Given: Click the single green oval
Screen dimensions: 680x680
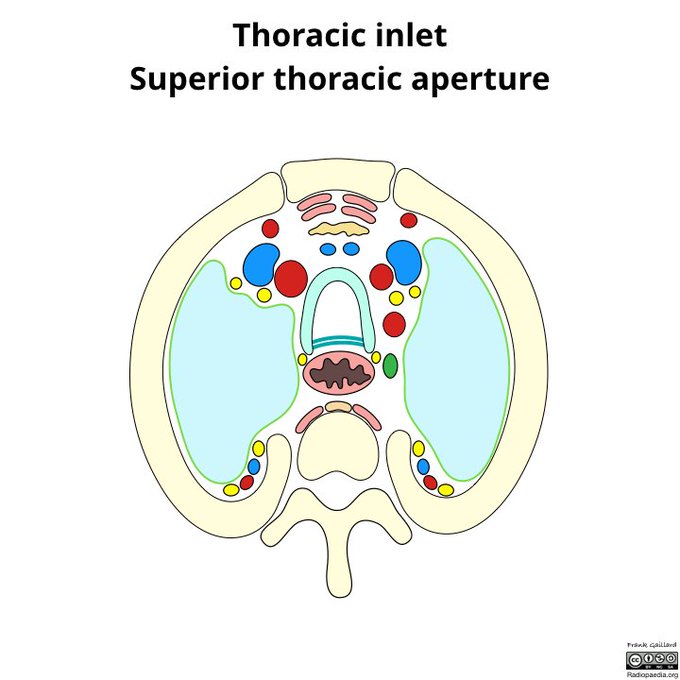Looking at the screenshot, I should [x=390, y=366].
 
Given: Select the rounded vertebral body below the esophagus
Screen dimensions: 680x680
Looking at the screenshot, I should [x=339, y=450].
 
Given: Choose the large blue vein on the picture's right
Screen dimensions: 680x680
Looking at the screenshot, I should [x=405, y=261].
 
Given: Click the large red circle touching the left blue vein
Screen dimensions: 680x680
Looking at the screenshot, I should [x=290, y=277].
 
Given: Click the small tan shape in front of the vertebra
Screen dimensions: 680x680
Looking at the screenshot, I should [x=339, y=407].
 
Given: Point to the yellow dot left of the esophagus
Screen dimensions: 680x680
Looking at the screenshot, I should [x=303, y=359].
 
